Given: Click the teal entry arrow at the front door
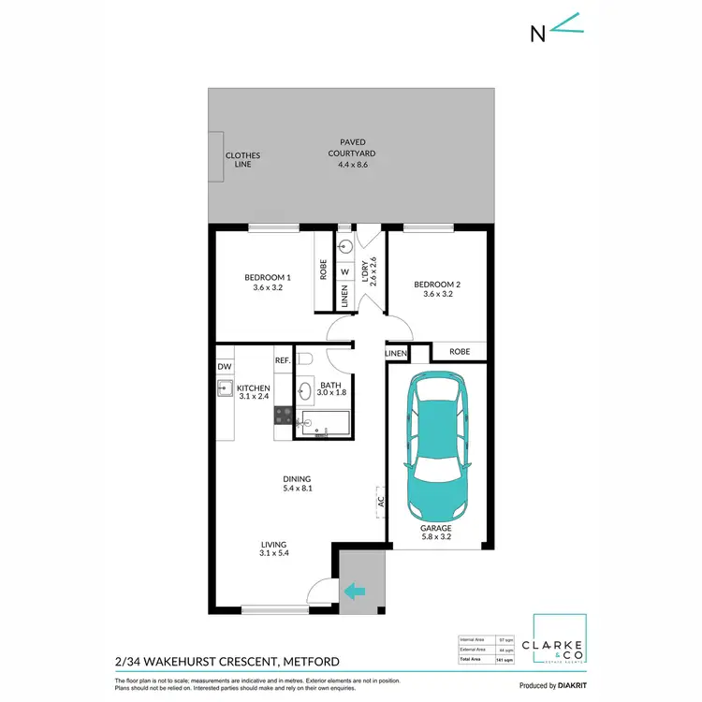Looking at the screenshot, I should pos(356,591).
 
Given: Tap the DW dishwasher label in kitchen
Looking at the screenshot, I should pos(224,367).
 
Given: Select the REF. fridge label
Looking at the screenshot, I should pos(283,360).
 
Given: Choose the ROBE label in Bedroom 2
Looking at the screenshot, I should pos(459,353).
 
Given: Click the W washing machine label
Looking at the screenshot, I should pos(344,272).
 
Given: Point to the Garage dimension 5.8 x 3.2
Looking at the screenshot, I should pos(437,536).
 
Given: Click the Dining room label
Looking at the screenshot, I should pos(297,483).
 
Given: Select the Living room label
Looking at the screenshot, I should pos(273,549).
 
